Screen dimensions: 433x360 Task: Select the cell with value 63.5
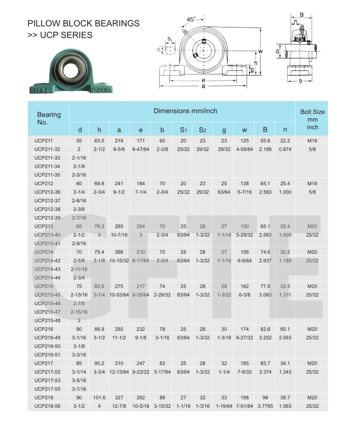tap(99, 140)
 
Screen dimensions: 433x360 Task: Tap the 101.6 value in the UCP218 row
tap(99, 397)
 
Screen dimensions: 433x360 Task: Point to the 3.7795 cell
tap(265, 406)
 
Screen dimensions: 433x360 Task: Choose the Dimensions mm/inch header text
tap(185, 111)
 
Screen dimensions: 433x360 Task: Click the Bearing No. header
tap(49, 119)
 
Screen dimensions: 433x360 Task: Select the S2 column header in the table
tap(202, 129)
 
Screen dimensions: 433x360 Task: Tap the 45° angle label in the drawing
tap(191, 20)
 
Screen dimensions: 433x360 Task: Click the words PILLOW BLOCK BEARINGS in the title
tap(84, 23)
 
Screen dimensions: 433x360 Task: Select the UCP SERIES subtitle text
tap(60, 35)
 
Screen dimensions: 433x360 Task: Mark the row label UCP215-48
tap(47, 320)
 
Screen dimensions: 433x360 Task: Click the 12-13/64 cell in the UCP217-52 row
tap(119, 372)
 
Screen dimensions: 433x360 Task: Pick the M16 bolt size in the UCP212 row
tap(312, 183)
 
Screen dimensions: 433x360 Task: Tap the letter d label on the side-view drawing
tap(277, 51)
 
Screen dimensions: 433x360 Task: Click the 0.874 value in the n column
tap(285, 149)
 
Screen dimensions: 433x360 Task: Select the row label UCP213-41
tap(47, 243)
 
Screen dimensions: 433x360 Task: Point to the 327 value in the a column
tap(119, 397)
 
